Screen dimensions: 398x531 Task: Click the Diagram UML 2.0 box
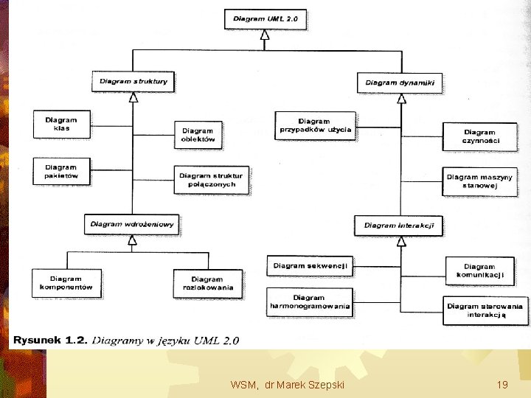point(265,19)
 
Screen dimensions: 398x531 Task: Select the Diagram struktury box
point(133,81)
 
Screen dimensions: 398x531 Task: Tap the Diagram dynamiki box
point(400,83)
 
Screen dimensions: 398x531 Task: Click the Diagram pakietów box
point(61,172)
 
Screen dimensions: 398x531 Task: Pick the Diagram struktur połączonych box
point(210,180)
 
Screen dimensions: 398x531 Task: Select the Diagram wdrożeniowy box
point(133,224)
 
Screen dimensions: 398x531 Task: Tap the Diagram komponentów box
point(66,283)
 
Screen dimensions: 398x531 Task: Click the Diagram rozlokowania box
point(207,284)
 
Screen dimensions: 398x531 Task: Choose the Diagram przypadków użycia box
point(315,126)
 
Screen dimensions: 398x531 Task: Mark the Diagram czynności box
point(480,137)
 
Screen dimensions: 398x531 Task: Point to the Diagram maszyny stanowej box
point(480,181)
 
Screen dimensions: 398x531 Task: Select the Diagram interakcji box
point(399,226)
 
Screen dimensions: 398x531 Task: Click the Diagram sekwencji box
point(310,265)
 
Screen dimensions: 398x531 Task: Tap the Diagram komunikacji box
point(480,271)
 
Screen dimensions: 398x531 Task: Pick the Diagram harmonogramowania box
point(309,302)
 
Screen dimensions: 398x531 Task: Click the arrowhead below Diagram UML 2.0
point(265,34)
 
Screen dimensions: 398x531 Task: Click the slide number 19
point(502,385)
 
